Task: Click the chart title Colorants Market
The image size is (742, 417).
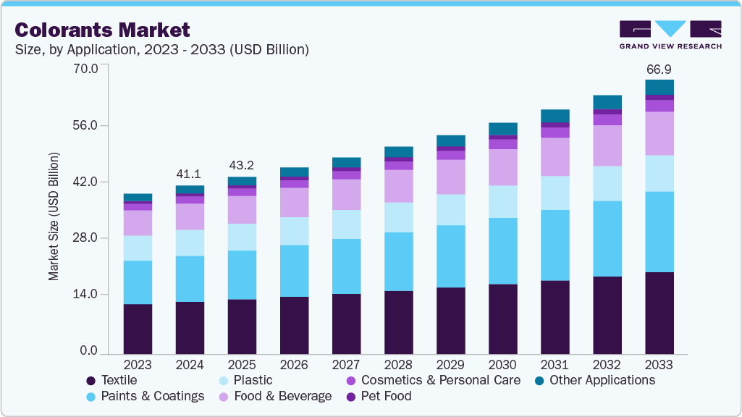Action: point(102,30)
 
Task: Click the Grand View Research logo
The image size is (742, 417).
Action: point(670,34)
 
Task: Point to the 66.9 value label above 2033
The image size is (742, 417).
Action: point(659,69)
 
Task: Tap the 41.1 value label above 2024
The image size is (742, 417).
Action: point(190,174)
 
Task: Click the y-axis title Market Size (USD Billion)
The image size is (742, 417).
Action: point(54,216)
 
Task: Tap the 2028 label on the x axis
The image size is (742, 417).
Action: point(398,364)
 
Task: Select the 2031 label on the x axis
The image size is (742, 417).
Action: point(555,364)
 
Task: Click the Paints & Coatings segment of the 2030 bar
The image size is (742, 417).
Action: point(502,250)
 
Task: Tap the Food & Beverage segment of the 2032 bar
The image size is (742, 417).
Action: point(607,146)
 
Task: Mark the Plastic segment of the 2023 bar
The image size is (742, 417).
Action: point(138,248)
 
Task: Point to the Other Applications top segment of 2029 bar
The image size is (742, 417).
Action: point(450,140)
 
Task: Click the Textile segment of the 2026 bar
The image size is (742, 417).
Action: point(294,326)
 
